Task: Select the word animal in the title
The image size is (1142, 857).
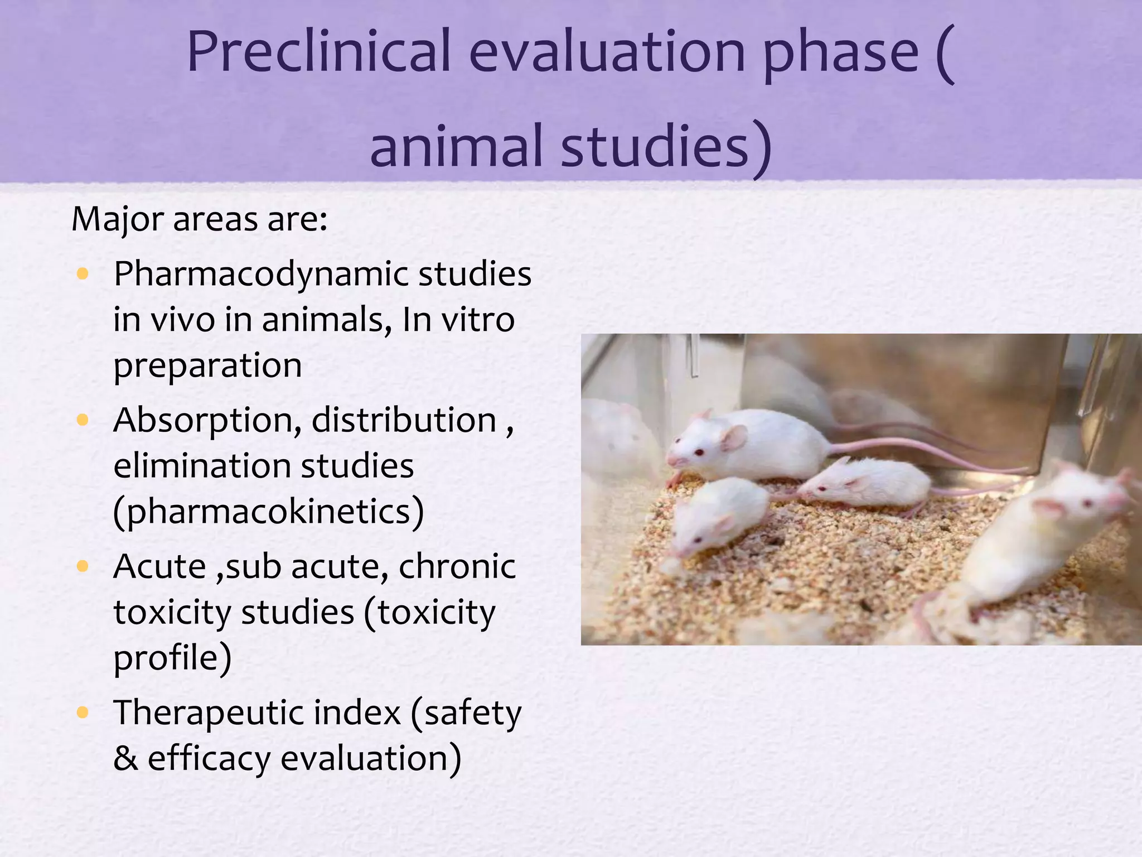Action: tap(456, 147)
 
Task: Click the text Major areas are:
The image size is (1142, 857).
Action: tap(200, 219)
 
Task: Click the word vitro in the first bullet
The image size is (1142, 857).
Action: tap(478, 320)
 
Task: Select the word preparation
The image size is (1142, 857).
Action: tap(207, 366)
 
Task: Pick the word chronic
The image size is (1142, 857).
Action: tap(457, 566)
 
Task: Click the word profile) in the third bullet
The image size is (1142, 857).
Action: tap(172, 658)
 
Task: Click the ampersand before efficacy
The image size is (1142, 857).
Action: tap(125, 759)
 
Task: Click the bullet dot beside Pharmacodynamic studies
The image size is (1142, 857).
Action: tap(83, 273)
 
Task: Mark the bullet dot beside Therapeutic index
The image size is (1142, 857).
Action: tap(83, 712)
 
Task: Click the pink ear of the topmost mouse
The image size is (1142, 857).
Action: tap(734, 437)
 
